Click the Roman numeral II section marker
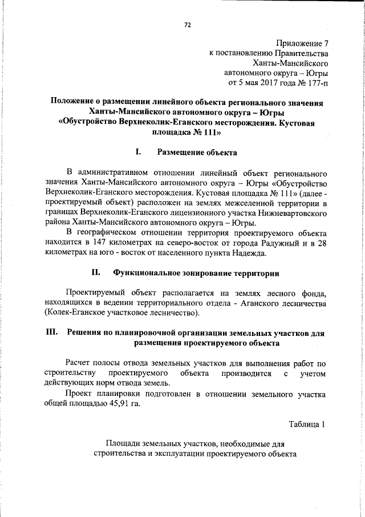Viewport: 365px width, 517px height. point(96,272)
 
